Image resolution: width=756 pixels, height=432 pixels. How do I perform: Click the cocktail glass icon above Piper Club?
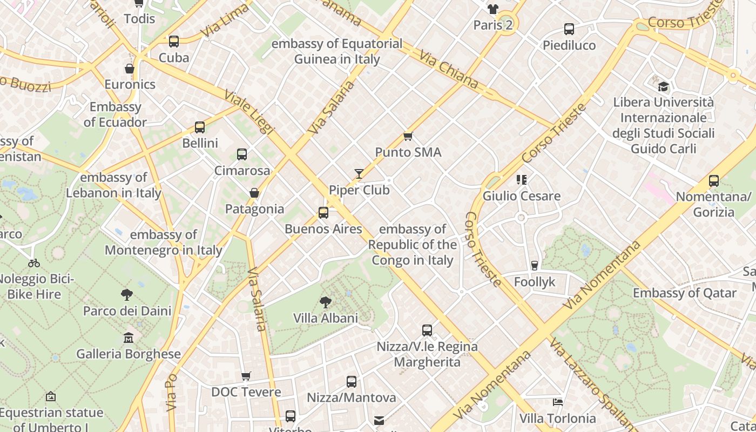pyautogui.click(x=359, y=173)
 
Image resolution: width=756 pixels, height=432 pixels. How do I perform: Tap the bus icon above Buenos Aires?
pyautogui.click(x=323, y=212)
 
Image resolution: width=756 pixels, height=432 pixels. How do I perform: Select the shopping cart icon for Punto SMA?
pyautogui.click(x=408, y=136)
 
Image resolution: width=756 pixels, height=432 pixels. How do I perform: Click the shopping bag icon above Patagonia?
pyautogui.click(x=254, y=193)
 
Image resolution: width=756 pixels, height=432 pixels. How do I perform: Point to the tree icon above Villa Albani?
pyautogui.click(x=325, y=302)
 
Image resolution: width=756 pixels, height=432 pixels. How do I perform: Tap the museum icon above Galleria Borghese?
pyautogui.click(x=129, y=338)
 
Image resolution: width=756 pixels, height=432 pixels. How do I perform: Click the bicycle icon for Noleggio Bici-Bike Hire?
pyautogui.click(x=34, y=263)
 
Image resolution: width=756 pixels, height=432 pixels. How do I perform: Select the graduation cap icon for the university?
pyautogui.click(x=663, y=86)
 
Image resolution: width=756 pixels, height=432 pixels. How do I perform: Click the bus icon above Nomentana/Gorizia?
pyautogui.click(x=714, y=181)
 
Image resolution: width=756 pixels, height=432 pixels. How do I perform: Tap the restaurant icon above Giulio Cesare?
pyautogui.click(x=521, y=179)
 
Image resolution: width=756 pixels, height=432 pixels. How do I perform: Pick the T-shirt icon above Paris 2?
pyautogui.click(x=492, y=9)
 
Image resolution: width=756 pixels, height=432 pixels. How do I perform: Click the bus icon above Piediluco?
pyautogui.click(x=569, y=29)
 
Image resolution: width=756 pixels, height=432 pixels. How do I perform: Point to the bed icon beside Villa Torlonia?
pyautogui.click(x=558, y=402)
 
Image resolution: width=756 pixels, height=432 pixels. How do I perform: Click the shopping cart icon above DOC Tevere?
pyautogui.click(x=246, y=376)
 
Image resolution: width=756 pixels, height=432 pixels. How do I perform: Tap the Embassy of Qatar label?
pyautogui.click(x=685, y=293)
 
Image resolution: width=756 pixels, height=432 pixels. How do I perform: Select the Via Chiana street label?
pyautogui.click(x=449, y=71)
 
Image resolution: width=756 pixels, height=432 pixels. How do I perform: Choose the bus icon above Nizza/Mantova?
pyautogui.click(x=352, y=382)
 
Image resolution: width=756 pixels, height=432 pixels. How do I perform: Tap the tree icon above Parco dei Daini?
pyautogui.click(x=127, y=294)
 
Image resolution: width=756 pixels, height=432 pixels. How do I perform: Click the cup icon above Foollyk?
pyautogui.click(x=535, y=265)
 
